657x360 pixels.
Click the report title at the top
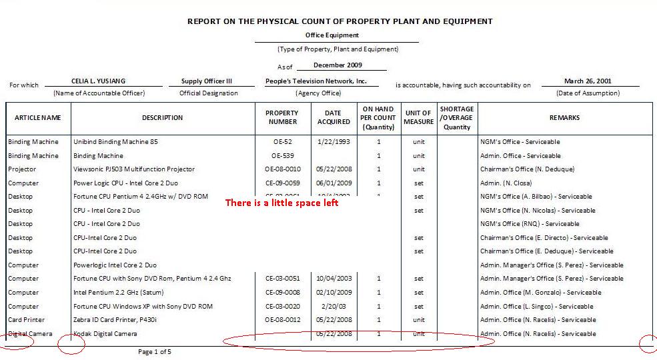click(x=340, y=21)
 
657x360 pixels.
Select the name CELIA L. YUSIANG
click(x=98, y=81)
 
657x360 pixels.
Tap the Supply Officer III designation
click(x=207, y=81)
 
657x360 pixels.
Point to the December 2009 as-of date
click(x=338, y=65)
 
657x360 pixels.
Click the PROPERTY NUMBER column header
click(x=282, y=117)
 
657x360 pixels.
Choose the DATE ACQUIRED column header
click(x=334, y=117)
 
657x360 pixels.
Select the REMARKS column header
click(x=564, y=118)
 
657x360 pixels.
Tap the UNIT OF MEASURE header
click(x=418, y=117)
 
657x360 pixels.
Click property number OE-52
click(x=282, y=142)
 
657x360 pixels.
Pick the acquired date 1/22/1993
click(x=334, y=142)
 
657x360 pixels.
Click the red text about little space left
click(x=281, y=203)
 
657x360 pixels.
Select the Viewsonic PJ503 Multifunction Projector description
click(x=134, y=169)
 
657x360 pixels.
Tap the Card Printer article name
click(x=26, y=320)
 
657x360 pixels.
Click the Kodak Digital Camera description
click(x=105, y=333)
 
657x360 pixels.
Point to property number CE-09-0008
click(x=282, y=293)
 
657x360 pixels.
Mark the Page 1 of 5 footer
click(x=154, y=351)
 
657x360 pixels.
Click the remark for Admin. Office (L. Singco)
click(x=536, y=307)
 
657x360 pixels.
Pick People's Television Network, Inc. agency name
click(x=316, y=81)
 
